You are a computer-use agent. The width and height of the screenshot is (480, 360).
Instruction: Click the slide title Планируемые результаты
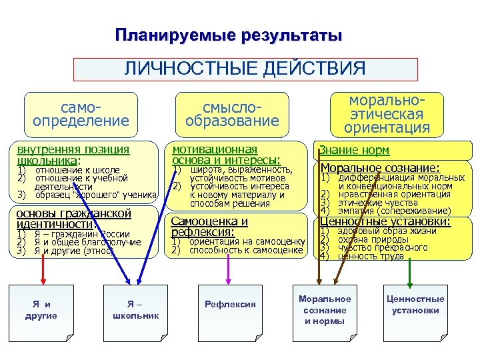[x=229, y=35]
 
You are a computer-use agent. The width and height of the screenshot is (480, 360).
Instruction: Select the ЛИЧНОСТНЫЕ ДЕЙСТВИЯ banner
[x=245, y=69]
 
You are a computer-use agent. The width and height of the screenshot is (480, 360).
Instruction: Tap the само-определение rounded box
[x=81, y=114]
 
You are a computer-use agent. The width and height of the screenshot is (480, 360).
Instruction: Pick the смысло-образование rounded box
[x=232, y=114]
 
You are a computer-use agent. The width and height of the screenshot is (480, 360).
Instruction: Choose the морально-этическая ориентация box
[x=387, y=114]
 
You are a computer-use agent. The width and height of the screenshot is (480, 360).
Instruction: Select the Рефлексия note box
[x=230, y=305]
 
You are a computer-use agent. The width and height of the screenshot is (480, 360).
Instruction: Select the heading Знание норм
[x=354, y=151]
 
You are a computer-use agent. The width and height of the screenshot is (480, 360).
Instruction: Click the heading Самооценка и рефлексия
[x=209, y=226]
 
